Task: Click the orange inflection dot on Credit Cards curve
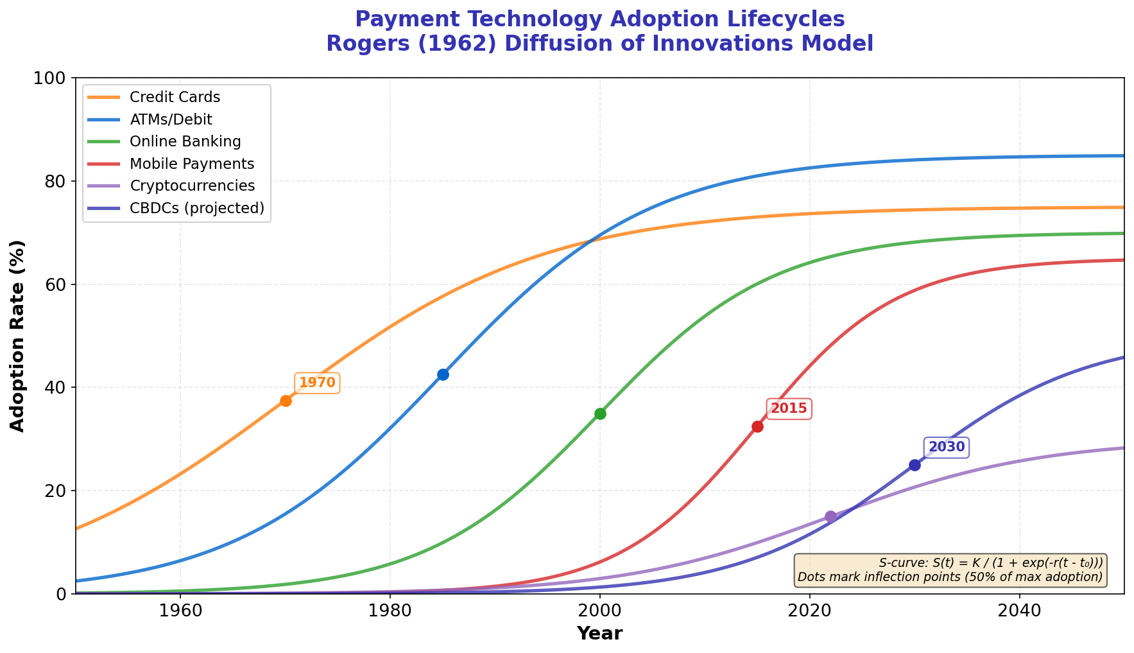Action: point(286,401)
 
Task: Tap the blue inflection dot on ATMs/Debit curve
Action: point(443,374)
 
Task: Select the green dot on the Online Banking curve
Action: point(600,414)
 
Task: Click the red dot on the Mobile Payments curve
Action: point(757,426)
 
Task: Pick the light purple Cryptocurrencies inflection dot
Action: point(830,516)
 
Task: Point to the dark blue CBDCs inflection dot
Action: point(915,465)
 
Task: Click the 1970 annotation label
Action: point(317,383)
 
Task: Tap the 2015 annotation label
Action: point(789,409)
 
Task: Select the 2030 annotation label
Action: point(947,448)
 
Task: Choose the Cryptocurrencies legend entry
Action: point(192,186)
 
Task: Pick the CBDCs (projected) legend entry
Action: point(196,208)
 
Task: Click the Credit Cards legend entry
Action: point(175,98)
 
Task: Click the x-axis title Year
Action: point(599,634)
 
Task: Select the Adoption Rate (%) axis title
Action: point(18,336)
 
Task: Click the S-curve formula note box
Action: point(950,570)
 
